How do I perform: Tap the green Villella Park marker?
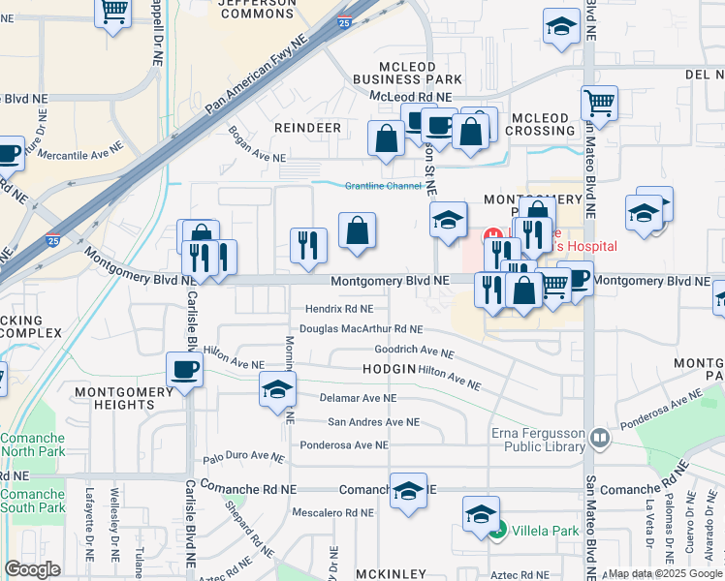(497, 532)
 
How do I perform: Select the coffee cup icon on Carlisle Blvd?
(184, 370)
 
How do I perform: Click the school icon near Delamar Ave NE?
(277, 390)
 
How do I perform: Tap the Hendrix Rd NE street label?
(339, 309)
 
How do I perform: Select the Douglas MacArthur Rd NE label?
(362, 329)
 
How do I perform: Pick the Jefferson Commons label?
(257, 8)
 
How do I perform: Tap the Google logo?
(32, 569)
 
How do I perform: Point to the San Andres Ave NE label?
(373, 422)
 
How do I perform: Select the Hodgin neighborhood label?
(389, 370)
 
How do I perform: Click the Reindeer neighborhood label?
(307, 128)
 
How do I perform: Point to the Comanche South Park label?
(32, 501)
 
